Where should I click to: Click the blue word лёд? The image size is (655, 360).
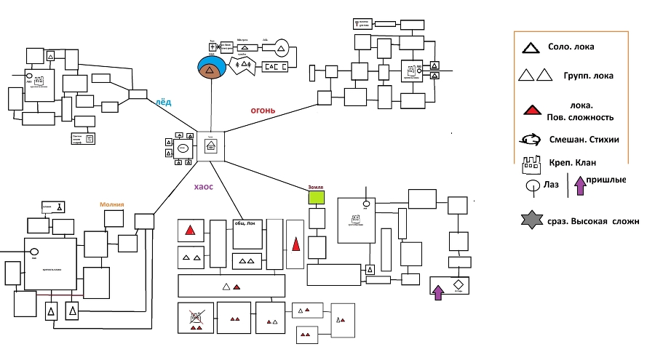click(164, 102)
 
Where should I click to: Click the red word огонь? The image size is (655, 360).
click(262, 111)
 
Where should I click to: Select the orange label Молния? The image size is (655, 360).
click(112, 204)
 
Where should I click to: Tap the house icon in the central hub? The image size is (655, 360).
click(211, 145)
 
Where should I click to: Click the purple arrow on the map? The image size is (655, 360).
click(438, 292)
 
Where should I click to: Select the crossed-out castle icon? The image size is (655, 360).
click(196, 316)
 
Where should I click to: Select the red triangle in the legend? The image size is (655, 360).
click(532, 111)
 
